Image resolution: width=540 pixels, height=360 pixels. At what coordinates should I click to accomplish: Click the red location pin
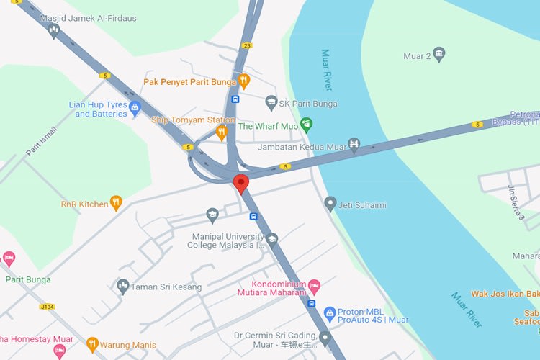pyautogui.click(x=240, y=183)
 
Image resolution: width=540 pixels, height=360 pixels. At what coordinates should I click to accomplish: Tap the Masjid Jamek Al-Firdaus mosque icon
pyautogui.click(x=53, y=30)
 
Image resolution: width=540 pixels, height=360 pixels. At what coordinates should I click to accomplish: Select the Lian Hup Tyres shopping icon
pyautogui.click(x=135, y=109)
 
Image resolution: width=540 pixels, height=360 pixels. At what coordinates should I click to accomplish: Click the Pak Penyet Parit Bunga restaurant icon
pyautogui.click(x=244, y=81)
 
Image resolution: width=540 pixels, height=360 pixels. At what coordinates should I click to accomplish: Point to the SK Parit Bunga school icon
pyautogui.click(x=271, y=104)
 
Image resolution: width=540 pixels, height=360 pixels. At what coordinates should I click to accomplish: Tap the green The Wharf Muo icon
pyautogui.click(x=305, y=125)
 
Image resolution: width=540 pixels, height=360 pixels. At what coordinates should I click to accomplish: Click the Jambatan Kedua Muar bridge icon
pyautogui.click(x=354, y=146)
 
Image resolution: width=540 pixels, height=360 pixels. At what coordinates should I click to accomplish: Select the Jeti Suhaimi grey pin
pyautogui.click(x=330, y=204)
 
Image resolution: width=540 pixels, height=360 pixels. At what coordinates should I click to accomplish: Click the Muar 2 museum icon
pyautogui.click(x=439, y=54)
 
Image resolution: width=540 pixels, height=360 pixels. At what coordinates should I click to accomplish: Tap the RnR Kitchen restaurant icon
pyautogui.click(x=116, y=204)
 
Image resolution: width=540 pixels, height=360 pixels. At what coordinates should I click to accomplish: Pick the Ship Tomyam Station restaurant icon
pyautogui.click(x=222, y=132)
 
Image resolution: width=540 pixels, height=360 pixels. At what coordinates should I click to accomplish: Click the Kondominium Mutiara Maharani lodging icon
pyautogui.click(x=314, y=288)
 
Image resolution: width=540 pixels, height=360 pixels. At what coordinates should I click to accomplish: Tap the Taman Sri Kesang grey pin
pyautogui.click(x=123, y=287)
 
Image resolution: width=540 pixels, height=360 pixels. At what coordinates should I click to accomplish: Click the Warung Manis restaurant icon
pyautogui.click(x=92, y=345)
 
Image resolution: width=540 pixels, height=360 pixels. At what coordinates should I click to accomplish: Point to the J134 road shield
pyautogui.click(x=47, y=306)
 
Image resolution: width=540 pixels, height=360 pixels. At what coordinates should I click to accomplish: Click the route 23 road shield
pyautogui.click(x=248, y=45)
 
